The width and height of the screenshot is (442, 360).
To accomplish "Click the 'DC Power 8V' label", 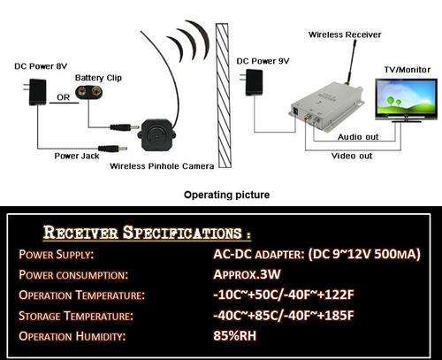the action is coord(41,66).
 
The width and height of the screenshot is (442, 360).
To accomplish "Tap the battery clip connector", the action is coord(89,92).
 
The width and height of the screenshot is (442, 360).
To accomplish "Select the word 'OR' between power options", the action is coord(64,97).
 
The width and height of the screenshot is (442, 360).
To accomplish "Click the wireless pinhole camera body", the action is coord(156,134).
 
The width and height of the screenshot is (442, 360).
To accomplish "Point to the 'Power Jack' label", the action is coord(77,156).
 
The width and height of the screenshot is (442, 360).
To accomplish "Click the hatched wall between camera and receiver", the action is coord(224,96).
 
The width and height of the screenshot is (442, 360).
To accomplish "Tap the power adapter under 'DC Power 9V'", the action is coord(253,82).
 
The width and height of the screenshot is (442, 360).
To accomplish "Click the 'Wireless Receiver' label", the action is coord(345,34).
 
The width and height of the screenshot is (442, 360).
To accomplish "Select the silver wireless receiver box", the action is coord(326,107).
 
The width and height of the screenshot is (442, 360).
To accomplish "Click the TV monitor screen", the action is coord(406,97).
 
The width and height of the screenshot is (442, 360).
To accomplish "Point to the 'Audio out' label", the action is coord(358,137).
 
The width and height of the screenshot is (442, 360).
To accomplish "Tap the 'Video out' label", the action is coord(352,156).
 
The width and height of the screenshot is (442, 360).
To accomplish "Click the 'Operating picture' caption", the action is coord(226,195).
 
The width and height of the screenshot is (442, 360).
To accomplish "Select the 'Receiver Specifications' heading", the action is coord(147,232).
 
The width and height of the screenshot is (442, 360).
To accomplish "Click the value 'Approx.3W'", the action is coord(247,274).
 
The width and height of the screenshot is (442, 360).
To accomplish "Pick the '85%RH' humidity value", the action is coord(235,335).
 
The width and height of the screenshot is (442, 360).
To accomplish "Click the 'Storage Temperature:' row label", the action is coord(76,316).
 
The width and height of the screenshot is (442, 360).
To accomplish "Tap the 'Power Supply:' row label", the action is coord(56,254).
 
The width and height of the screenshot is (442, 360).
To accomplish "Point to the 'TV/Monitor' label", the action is coord(408,70).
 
